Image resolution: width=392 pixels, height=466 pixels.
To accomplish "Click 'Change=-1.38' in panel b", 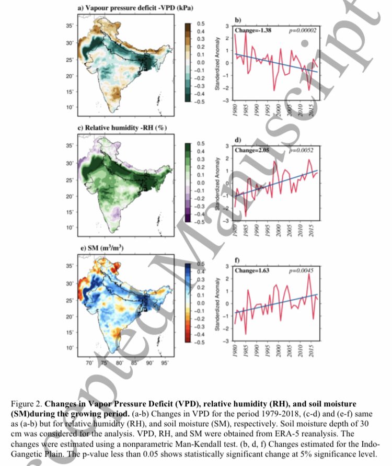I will [242, 30].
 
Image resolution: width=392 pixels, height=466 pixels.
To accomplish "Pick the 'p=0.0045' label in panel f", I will [298, 271].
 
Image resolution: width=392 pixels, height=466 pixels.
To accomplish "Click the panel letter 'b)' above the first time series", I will [237, 20].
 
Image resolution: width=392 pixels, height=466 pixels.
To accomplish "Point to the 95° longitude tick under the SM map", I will [165, 362].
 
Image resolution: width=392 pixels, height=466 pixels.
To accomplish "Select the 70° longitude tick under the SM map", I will [89, 362].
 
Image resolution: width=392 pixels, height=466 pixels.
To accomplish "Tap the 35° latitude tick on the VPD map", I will [69, 26].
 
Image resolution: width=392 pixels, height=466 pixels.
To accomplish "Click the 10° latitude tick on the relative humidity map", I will [69, 228].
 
